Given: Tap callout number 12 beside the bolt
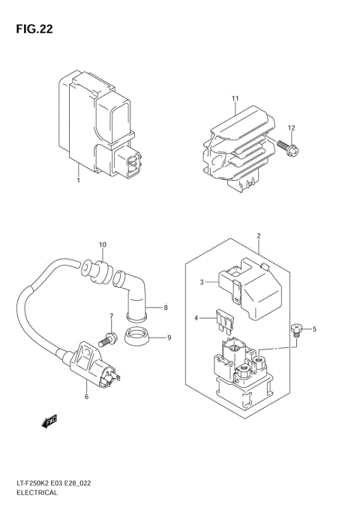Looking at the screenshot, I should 292,127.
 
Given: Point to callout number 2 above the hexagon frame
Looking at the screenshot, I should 258,236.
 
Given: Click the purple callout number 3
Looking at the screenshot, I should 201,283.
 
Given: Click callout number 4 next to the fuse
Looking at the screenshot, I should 196,319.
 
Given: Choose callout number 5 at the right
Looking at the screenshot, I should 315,328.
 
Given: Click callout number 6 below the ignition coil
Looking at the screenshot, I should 86,396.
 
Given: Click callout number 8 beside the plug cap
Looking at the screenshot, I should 167,307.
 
